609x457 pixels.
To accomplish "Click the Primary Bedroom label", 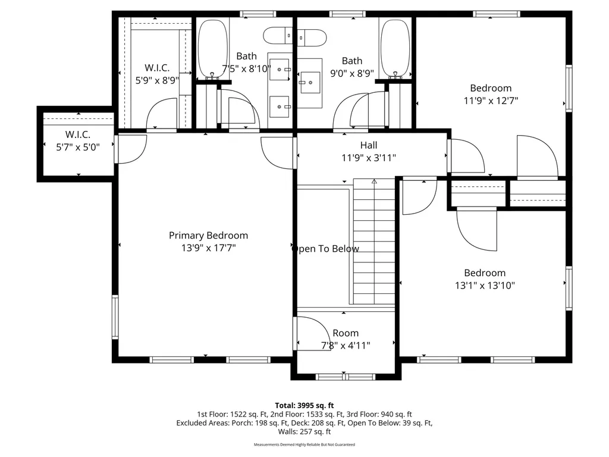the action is point(208,236).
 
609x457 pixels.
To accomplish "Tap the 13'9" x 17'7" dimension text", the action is point(209,248).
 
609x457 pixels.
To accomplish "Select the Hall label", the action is point(369,145).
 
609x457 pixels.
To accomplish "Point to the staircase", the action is point(374,242).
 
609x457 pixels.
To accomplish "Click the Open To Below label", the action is point(325,249).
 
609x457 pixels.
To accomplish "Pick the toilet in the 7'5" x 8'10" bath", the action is point(278,36).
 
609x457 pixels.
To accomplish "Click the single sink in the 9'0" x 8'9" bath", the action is point(310,82).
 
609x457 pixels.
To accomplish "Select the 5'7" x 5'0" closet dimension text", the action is point(78,148).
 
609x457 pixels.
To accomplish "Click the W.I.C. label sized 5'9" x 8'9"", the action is point(157,68).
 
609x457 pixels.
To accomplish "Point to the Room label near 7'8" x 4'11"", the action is point(346,333).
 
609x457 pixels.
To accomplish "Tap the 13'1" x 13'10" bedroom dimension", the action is point(485,286).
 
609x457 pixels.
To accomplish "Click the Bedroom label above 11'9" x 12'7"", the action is point(491,88).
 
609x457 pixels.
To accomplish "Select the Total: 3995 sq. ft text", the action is point(304,406).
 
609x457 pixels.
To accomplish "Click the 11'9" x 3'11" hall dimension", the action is point(369,158).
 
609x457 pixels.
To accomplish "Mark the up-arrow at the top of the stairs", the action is point(374,181).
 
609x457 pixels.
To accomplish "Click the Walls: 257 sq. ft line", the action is point(304,432).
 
